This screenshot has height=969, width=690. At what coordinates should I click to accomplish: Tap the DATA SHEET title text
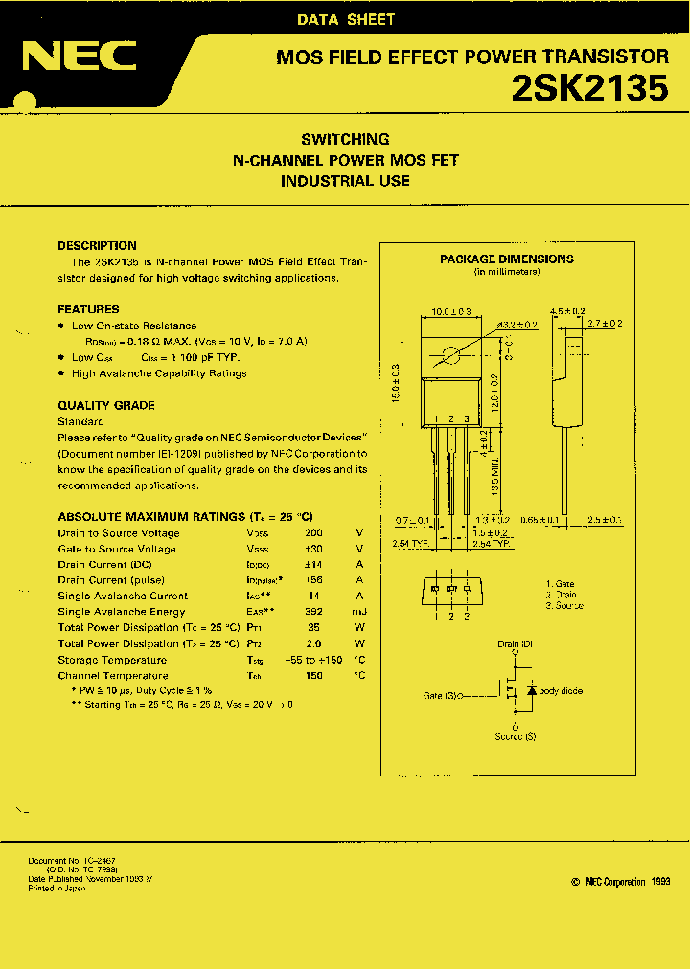346,19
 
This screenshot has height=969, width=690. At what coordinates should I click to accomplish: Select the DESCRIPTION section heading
97,245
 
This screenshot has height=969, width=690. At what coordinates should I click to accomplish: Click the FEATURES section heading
88,309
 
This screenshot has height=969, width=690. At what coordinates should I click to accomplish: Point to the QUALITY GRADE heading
105,405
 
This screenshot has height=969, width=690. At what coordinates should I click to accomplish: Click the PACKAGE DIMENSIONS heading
506,259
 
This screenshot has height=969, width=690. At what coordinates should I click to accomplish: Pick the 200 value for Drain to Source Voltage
312,533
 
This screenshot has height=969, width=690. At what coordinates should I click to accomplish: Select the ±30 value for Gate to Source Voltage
312,549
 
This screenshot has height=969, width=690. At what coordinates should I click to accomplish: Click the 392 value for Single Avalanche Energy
312,612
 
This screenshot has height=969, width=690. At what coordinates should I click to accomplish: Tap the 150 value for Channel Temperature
312,675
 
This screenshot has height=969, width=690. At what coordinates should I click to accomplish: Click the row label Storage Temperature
112,660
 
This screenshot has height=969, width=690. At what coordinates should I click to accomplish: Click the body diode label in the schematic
561,691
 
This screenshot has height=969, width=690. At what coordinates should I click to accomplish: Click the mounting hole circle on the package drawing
448,358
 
